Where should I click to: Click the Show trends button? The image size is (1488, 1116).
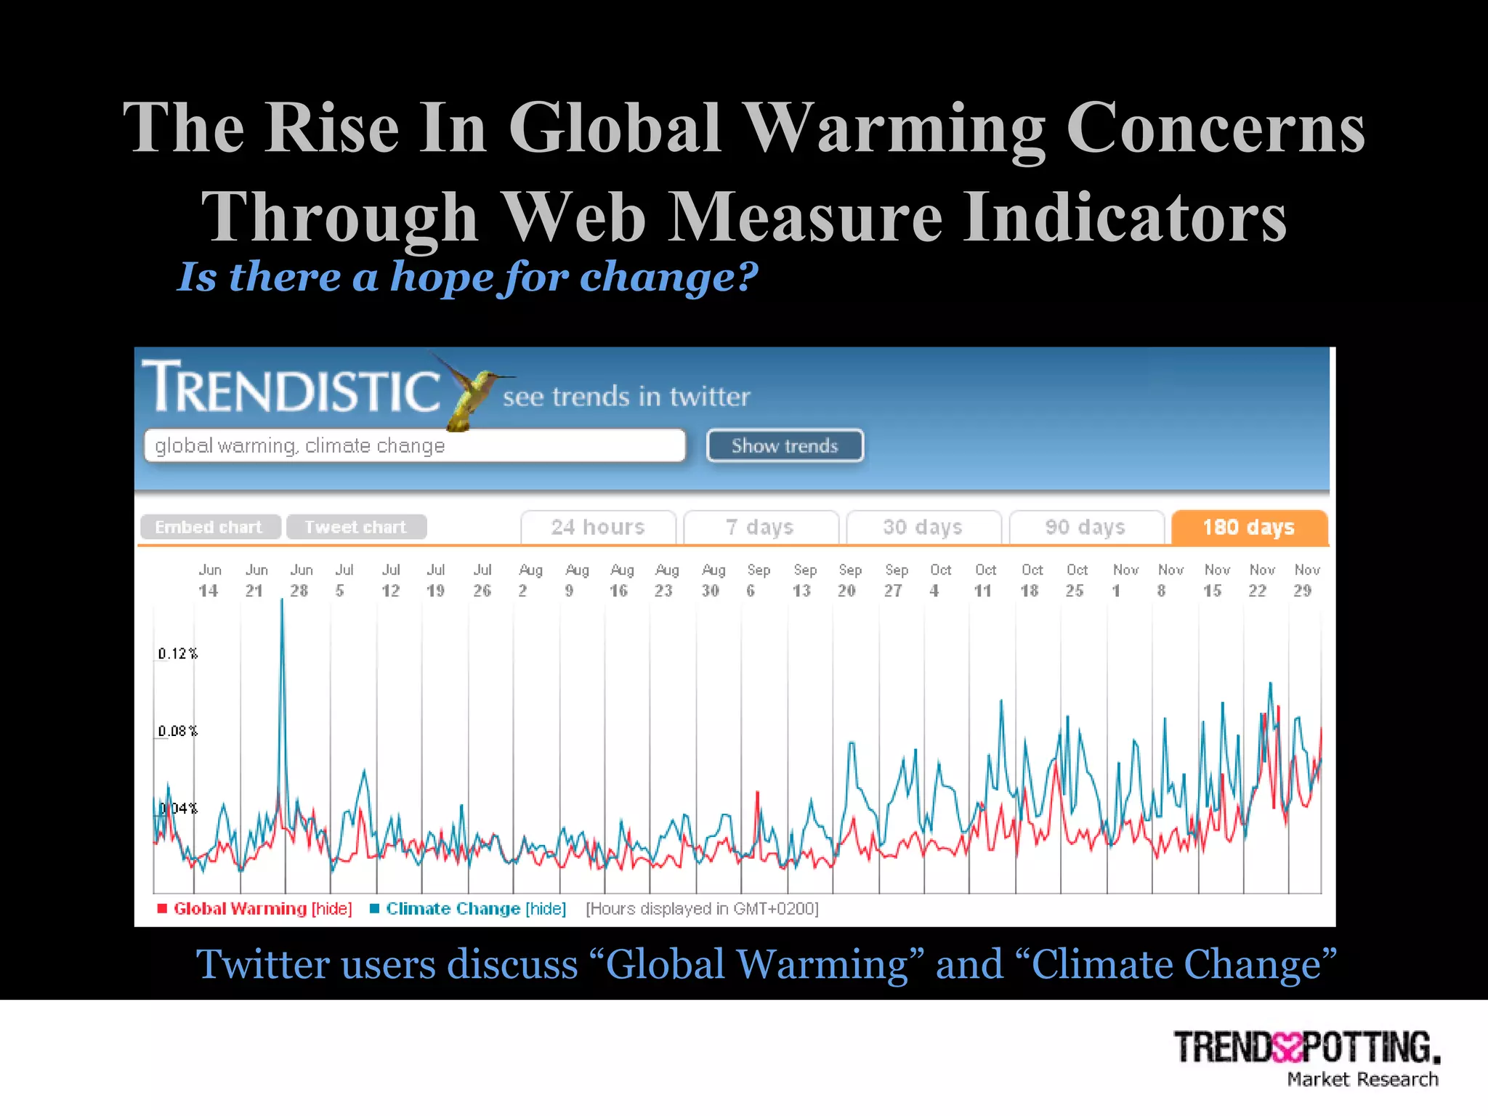pyautogui.click(x=785, y=445)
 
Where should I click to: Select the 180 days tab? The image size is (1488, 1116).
pyautogui.click(x=1249, y=527)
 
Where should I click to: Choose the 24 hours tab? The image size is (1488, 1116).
pyautogui.click(x=598, y=527)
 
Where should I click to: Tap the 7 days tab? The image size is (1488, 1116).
pyautogui.click(x=760, y=527)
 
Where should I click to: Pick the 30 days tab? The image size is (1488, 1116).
pyautogui.click(x=923, y=527)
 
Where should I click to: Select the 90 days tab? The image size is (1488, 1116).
pyautogui.click(x=1085, y=527)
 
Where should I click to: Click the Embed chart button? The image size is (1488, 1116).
pyautogui.click(x=209, y=527)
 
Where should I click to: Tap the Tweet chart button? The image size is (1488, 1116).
pyautogui.click(x=356, y=527)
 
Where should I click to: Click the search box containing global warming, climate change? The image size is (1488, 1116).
pyautogui.click(x=414, y=445)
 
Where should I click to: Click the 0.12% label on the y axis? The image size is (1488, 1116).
pyautogui.click(x=178, y=654)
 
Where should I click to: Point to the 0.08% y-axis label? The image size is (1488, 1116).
pyautogui.click(x=178, y=731)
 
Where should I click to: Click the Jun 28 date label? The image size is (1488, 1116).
pyautogui.click(x=300, y=581)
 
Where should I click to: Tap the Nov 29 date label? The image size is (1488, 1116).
pyautogui.click(x=1306, y=581)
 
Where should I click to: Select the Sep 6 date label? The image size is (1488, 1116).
pyautogui.click(x=757, y=581)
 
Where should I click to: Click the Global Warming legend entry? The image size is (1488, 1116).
pyautogui.click(x=240, y=909)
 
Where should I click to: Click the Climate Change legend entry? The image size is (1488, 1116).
pyautogui.click(x=453, y=909)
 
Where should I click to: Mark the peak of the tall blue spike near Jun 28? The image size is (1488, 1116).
pyautogui.click(x=283, y=600)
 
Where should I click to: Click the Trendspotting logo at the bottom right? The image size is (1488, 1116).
pyautogui.click(x=1306, y=1057)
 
